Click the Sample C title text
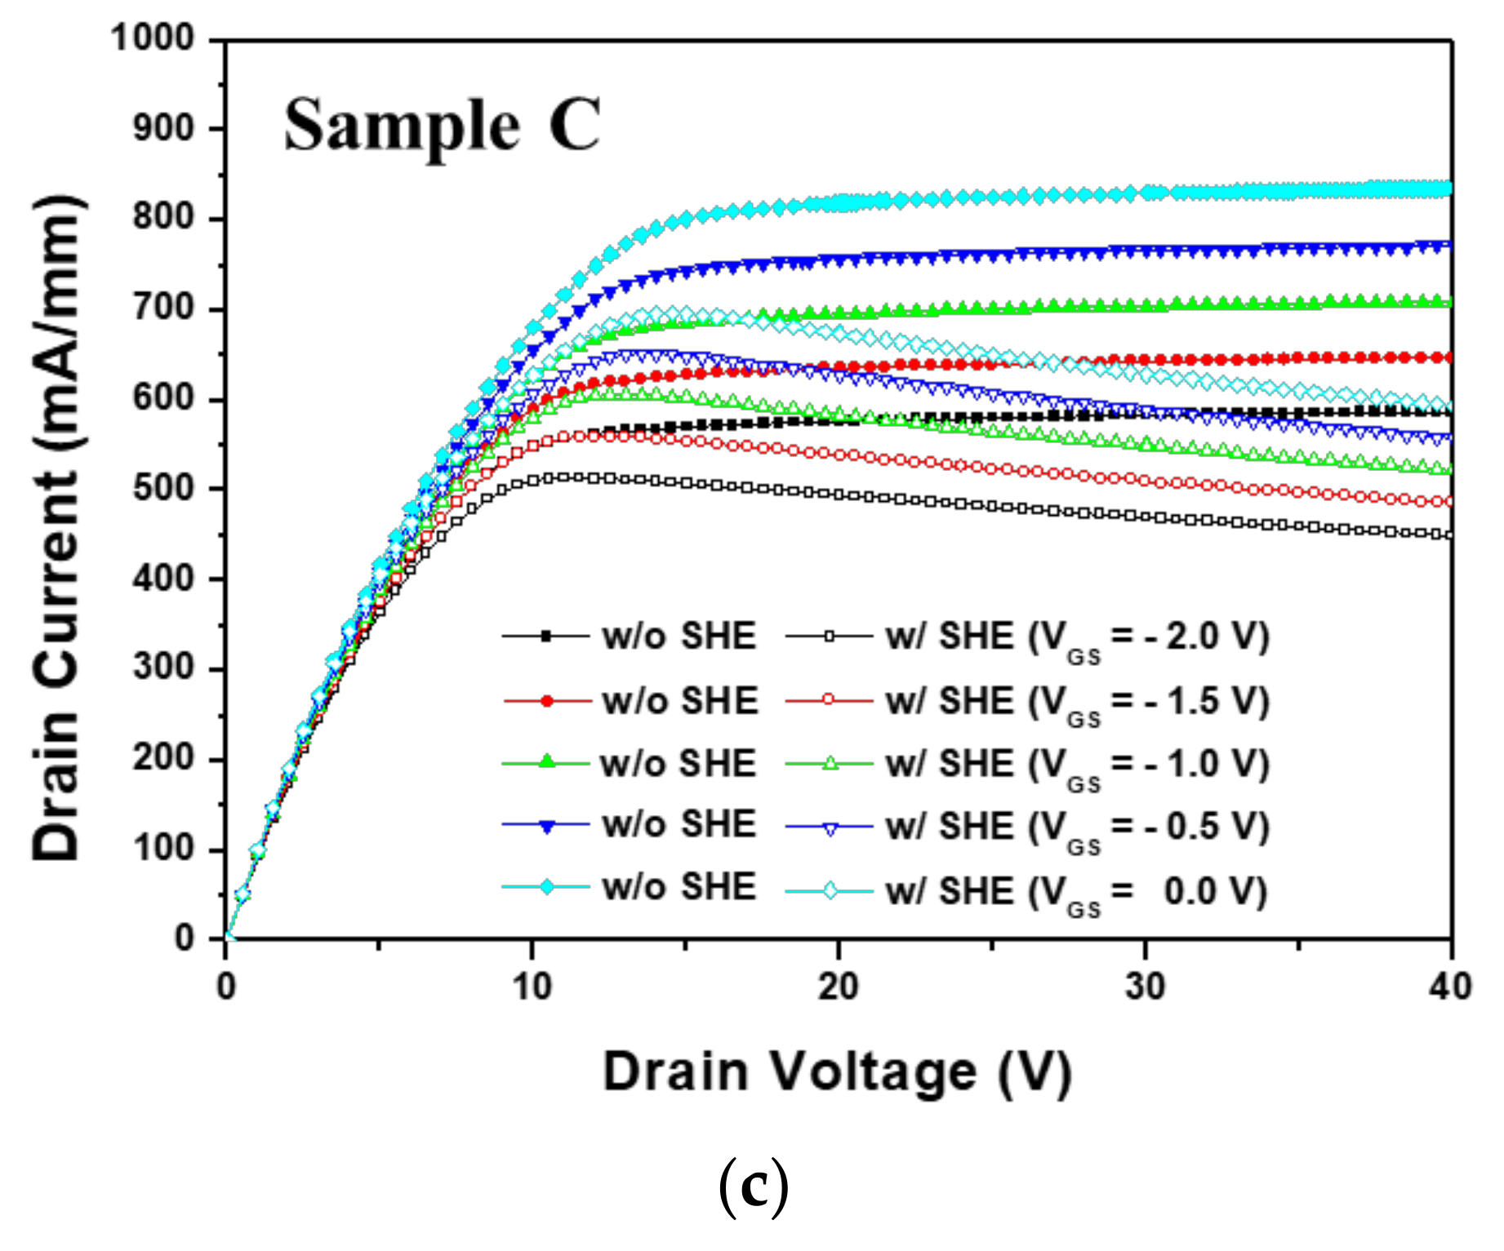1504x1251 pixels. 442,126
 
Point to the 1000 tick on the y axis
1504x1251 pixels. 153,38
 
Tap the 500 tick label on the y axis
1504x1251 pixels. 163,489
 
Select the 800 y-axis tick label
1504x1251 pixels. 163,219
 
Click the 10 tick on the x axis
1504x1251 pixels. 532,987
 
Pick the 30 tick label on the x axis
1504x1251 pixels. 1145,987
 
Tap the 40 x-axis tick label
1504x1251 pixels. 1450,987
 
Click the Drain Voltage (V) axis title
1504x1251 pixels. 837,1071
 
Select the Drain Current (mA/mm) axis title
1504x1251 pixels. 57,529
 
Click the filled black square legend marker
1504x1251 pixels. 547,636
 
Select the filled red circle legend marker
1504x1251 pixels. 547,700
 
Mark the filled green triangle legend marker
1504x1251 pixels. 547,763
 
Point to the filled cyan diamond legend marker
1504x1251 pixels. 547,887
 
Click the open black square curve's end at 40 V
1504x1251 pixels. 1449,535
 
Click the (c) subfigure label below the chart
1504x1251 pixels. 753,1189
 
